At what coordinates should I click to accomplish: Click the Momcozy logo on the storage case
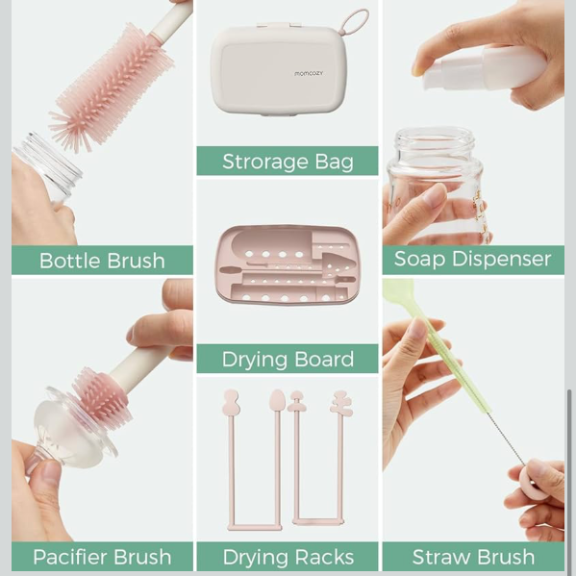(309, 73)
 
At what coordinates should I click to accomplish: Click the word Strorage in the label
(265, 162)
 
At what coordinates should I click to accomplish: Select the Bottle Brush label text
(102, 261)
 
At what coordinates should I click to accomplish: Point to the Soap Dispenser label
(472, 259)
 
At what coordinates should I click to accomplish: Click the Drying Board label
(288, 360)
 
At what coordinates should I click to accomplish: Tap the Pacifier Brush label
(102, 557)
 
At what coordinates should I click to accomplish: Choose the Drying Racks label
(288, 557)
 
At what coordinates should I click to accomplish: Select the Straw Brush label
(473, 557)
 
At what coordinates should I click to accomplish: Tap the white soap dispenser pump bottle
(485, 68)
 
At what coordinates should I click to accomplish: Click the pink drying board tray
(288, 265)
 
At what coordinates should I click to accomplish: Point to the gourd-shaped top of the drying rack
(231, 402)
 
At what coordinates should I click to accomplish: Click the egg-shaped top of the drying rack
(277, 400)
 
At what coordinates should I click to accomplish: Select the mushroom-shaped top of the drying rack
(296, 401)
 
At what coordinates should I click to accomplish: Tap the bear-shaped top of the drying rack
(341, 403)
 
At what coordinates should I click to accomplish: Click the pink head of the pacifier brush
(101, 398)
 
